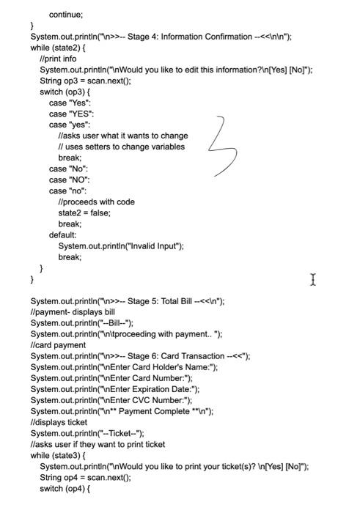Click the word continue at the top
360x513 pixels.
point(66,14)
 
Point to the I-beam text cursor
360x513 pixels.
point(313,279)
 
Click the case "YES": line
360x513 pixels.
point(71,114)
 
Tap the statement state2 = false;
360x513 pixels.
point(85,213)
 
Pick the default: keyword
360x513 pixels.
point(63,235)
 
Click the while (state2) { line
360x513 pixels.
point(57,48)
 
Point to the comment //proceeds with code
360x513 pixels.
point(96,202)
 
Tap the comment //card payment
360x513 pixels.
point(58,345)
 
